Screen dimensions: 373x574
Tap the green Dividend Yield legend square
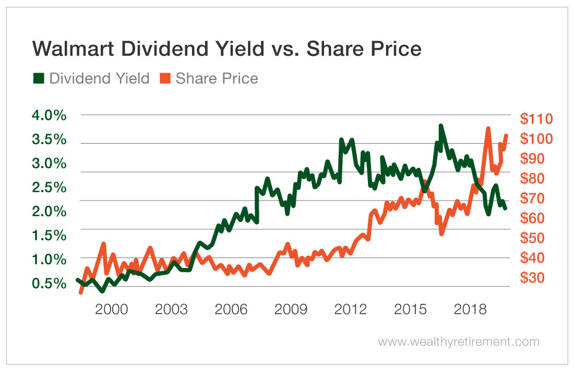pyautogui.click(x=39, y=78)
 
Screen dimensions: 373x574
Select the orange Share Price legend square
pyautogui.click(x=165, y=78)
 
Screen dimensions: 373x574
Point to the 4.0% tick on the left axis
pyautogui.click(x=50, y=115)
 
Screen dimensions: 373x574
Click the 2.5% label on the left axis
pyautogui.click(x=50, y=187)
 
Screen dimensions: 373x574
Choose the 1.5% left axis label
pyautogui.click(x=50, y=235)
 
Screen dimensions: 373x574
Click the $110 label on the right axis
pyautogui.click(x=536, y=119)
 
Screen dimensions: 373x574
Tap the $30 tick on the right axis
pyautogui.click(x=533, y=277)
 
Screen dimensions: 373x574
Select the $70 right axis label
pyautogui.click(x=533, y=198)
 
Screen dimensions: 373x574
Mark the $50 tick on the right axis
pyautogui.click(x=533, y=238)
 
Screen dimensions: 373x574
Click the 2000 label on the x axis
pyautogui.click(x=111, y=309)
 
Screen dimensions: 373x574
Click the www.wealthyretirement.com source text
pyautogui.click(x=458, y=342)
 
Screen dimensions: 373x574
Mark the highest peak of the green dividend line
pyautogui.click(x=441, y=126)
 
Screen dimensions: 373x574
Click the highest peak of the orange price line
pyautogui.click(x=488, y=129)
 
